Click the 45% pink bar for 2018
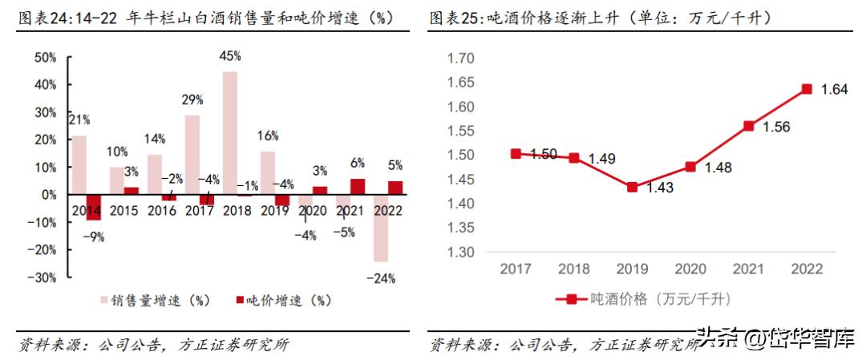coord(229,133)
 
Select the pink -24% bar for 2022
coord(380,228)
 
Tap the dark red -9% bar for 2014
coord(94,207)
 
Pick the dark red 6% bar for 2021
coord(357,187)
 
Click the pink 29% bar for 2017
coord(192,155)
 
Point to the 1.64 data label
coord(834,90)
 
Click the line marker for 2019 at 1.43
coord(632,187)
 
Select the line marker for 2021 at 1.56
coord(749,126)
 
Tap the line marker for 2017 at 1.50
coord(516,153)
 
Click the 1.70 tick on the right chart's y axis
coord(461,58)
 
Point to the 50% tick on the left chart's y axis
coord(45,58)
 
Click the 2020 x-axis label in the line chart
coord(690,269)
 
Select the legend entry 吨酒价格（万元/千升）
coord(641,299)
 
